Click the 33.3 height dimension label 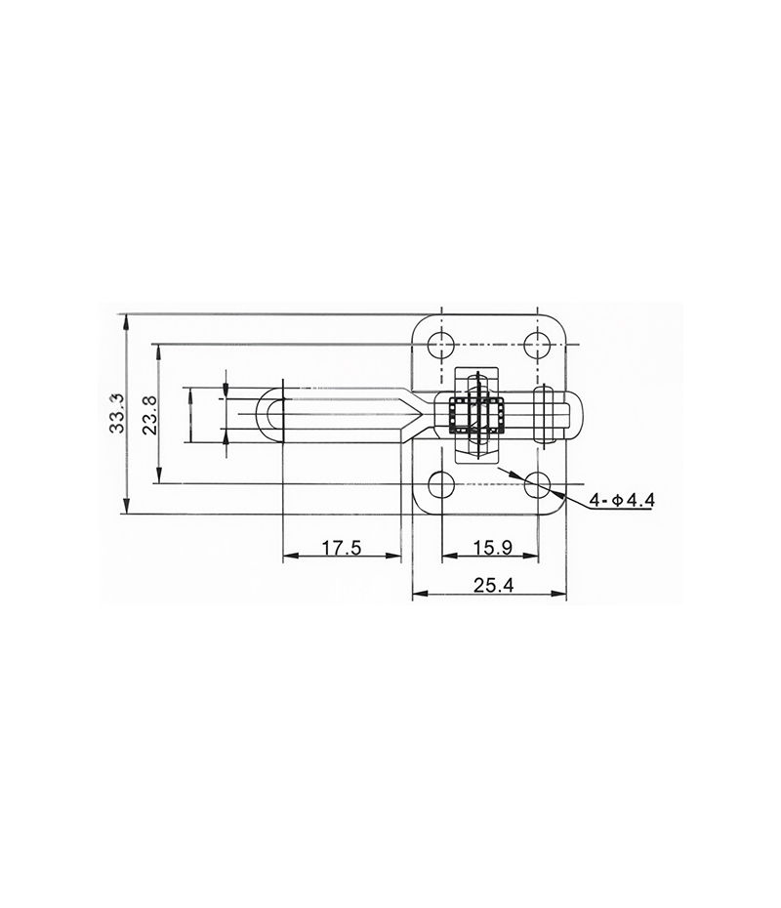(x=117, y=413)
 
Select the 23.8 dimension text (x=150, y=415)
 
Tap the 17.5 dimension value (x=342, y=547)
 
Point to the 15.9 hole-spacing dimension (x=492, y=547)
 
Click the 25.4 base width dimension (x=494, y=586)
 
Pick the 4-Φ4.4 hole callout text (x=623, y=500)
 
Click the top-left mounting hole (x=441, y=345)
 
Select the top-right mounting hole (x=538, y=345)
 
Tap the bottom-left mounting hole (x=441, y=484)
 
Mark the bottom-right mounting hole (x=538, y=484)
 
